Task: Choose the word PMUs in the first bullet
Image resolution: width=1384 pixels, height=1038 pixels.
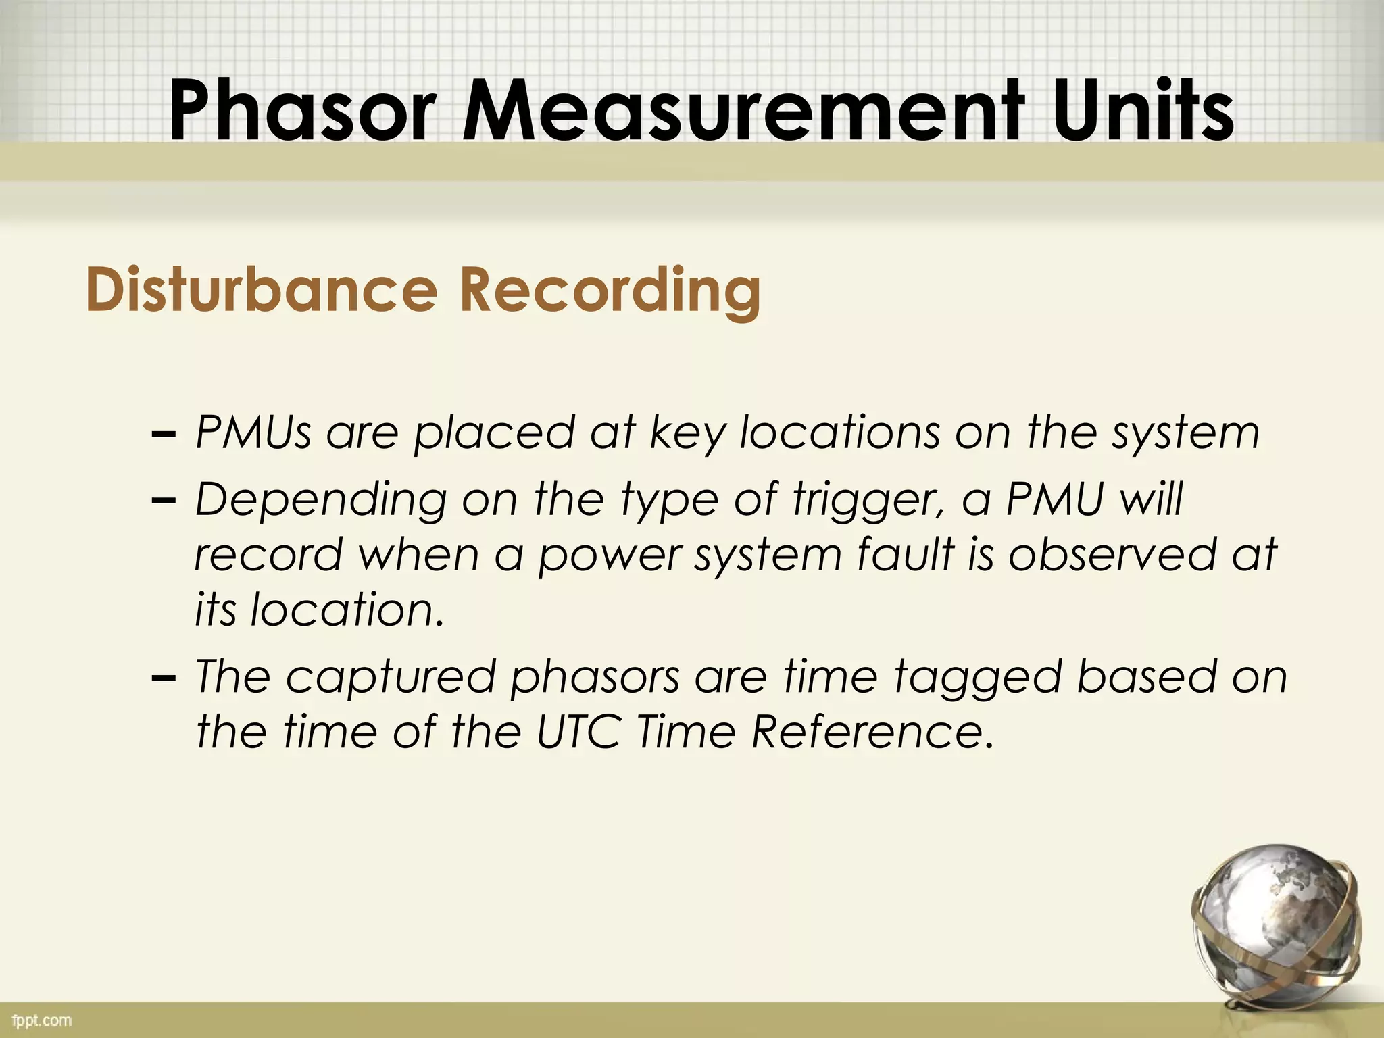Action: pyautogui.click(x=253, y=432)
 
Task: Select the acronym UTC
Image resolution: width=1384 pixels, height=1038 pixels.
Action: pyautogui.click(x=578, y=732)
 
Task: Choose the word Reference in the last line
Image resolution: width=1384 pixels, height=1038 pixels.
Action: pyautogui.click(x=872, y=732)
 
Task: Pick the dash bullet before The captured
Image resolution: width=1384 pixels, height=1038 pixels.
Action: pyautogui.click(x=165, y=677)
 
